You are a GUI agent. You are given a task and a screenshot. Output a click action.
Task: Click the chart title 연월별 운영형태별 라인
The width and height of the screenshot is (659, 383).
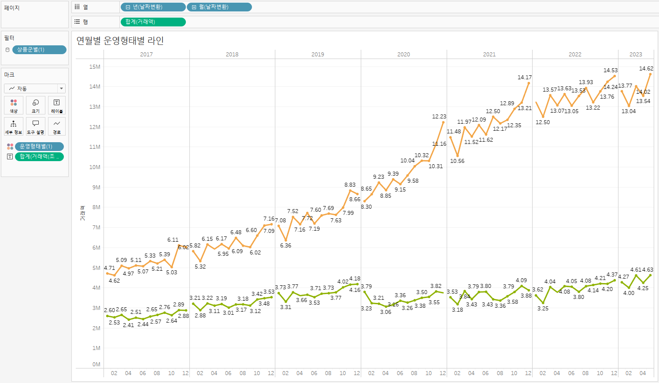120,41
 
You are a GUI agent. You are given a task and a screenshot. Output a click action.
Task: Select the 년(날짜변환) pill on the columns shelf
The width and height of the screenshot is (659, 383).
152,7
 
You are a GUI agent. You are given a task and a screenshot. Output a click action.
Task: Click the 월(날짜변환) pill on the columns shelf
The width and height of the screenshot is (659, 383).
219,7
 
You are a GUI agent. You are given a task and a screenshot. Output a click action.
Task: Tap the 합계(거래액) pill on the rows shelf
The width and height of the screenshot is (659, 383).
152,22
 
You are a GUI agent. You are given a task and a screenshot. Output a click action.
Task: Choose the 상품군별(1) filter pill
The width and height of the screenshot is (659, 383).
39,50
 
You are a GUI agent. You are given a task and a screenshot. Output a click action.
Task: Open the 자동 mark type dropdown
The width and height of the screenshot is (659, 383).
35,88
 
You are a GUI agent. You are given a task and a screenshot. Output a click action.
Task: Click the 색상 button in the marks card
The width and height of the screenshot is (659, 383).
14,105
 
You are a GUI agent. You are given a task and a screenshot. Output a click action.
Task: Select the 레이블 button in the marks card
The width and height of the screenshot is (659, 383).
57,105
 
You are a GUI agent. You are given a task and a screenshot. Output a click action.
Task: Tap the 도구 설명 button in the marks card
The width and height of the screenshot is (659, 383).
35,126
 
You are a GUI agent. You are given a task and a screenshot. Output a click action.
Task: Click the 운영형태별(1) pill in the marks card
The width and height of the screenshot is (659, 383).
39,147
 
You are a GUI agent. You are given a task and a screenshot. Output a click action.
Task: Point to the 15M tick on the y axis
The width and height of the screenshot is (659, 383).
95,67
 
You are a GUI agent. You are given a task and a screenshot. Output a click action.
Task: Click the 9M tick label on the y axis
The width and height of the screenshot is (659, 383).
96,188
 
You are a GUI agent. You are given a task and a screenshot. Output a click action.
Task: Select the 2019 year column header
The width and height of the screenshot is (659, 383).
318,55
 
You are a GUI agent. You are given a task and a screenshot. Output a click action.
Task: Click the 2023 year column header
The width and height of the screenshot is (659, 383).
635,55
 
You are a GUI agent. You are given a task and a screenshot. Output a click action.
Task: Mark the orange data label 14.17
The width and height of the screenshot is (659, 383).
524,77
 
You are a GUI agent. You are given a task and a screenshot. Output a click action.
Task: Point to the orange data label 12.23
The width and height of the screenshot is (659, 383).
439,117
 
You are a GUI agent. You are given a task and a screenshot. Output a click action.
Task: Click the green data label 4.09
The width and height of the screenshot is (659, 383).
521,280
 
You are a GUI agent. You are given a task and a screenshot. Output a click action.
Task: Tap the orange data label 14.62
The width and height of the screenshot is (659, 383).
646,69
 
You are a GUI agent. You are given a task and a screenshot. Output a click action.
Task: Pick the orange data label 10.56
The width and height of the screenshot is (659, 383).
457,161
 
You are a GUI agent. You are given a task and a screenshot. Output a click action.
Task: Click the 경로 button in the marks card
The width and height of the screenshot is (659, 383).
57,126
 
